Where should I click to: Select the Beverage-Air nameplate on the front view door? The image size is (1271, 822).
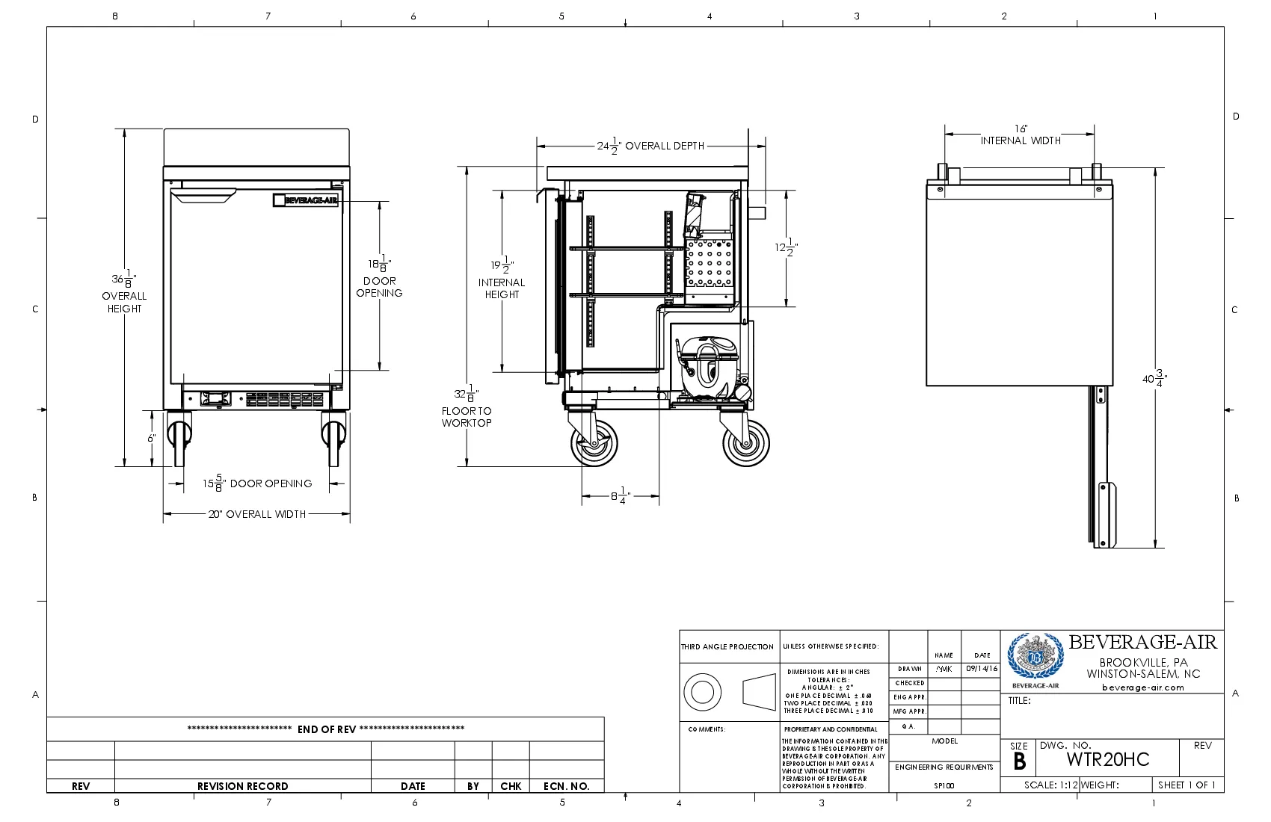[x=306, y=200]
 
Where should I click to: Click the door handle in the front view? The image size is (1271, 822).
[x=203, y=196]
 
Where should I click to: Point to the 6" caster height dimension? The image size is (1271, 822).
[x=151, y=438]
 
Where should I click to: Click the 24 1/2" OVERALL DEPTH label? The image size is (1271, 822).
[x=650, y=146]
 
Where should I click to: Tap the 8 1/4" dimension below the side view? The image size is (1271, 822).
[x=621, y=495]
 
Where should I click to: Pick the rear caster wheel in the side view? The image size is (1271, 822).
[x=745, y=442]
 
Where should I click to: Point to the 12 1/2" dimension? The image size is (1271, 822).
[x=785, y=247]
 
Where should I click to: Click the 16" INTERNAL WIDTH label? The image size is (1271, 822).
[x=1021, y=135]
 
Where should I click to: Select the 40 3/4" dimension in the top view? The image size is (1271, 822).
[x=1154, y=378]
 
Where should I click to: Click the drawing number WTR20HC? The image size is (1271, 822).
[x=1107, y=759]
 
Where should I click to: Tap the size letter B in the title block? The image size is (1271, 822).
[x=1019, y=761]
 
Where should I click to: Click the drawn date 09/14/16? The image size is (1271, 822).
[x=981, y=669]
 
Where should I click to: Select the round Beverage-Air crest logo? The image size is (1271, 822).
[x=1035, y=656]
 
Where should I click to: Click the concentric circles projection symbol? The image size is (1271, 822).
[x=702, y=691]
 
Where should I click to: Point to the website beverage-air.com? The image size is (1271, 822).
[x=1142, y=687]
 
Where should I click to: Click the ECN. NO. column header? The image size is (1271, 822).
[x=566, y=786]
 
